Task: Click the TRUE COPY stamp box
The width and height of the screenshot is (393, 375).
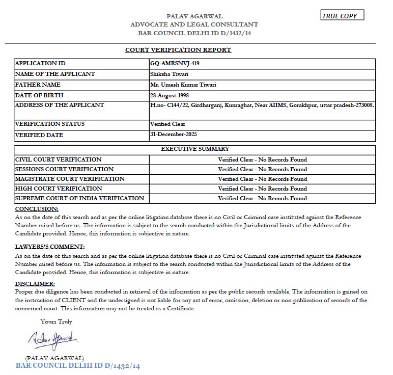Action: [x=343, y=15]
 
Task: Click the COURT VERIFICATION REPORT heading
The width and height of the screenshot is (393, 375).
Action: [x=178, y=50]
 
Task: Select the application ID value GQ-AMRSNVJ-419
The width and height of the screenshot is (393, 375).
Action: [x=175, y=64]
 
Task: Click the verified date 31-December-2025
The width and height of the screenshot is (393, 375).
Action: [x=173, y=135]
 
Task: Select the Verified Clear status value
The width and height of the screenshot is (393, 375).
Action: [x=167, y=124]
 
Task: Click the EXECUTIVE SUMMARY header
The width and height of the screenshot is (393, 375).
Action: [x=195, y=149]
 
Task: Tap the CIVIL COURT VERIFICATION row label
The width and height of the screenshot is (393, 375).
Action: [x=59, y=159]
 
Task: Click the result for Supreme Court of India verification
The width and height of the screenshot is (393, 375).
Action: [x=262, y=198]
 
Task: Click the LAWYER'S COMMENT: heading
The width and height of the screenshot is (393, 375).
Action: [x=50, y=247]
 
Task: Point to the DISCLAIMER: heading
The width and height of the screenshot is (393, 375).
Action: [x=35, y=283]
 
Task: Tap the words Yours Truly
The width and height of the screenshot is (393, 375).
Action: [x=57, y=322]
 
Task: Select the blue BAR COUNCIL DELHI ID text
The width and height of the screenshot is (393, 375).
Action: [x=77, y=366]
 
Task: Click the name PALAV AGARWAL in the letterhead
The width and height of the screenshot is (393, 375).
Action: [x=194, y=16]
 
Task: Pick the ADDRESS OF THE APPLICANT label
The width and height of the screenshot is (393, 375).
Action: [x=60, y=105]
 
